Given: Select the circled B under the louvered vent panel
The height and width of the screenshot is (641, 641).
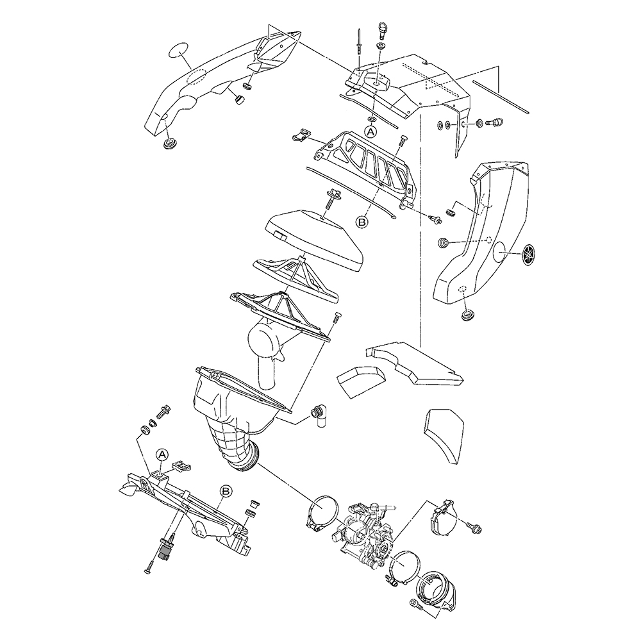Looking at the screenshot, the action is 362,222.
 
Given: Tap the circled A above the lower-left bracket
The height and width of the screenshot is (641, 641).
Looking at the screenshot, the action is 162,454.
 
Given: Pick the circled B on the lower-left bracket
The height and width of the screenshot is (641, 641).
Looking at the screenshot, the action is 225,490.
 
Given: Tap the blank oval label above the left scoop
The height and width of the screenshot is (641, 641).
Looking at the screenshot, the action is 178,50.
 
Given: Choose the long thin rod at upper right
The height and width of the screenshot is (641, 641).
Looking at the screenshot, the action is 501,96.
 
